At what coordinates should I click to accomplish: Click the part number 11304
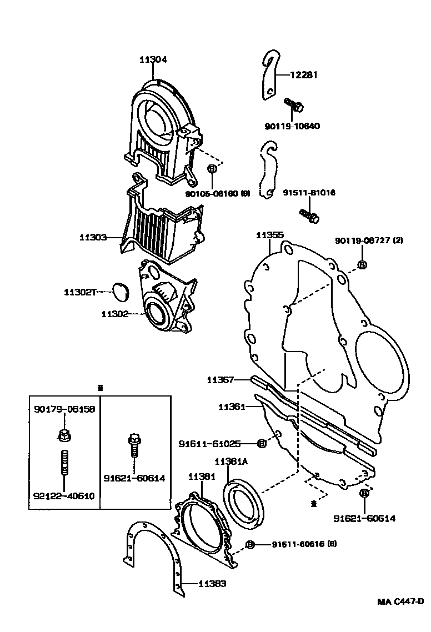[x=153, y=59]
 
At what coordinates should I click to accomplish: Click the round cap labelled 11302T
[x=121, y=291]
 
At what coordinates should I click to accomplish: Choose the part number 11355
[x=269, y=235]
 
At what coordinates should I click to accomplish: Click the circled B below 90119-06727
[x=362, y=265]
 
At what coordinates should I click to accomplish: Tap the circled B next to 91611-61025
[x=262, y=443]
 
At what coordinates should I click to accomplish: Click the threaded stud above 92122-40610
[x=63, y=463]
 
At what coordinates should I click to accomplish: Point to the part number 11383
[x=212, y=584]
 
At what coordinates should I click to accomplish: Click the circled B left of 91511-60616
[x=250, y=544]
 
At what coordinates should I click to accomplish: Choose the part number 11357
[x=220, y=380]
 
